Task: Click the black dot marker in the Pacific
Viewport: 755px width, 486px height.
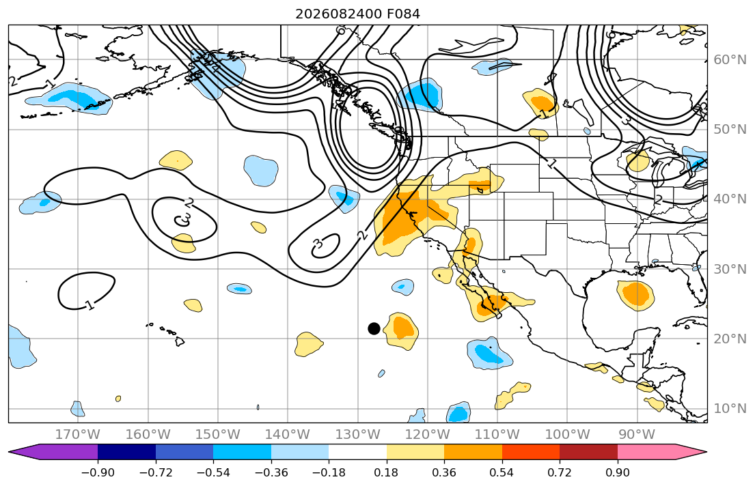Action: (374, 328)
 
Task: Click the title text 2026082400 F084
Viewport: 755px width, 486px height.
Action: (358, 14)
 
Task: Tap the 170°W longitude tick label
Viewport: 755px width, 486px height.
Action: (78, 435)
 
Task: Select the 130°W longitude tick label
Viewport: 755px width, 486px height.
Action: (358, 435)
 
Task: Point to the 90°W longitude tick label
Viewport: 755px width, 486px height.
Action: (637, 435)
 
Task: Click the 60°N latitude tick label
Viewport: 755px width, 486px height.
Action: (730, 59)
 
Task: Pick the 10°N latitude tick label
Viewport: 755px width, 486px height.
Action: (730, 409)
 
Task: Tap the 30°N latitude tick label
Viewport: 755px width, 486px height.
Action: (730, 269)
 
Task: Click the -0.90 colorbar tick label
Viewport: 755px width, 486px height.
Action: (98, 472)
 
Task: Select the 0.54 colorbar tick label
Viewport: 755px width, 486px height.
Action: (502, 472)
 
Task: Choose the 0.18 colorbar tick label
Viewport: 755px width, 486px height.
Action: (386, 472)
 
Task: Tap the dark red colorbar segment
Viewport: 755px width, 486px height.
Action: (588, 452)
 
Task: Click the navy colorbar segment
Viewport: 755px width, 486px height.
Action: (126, 452)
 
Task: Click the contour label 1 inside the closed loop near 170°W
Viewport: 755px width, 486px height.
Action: (89, 305)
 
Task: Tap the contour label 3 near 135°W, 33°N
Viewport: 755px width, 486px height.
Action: (318, 244)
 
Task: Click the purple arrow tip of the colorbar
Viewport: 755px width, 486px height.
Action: (9, 452)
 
